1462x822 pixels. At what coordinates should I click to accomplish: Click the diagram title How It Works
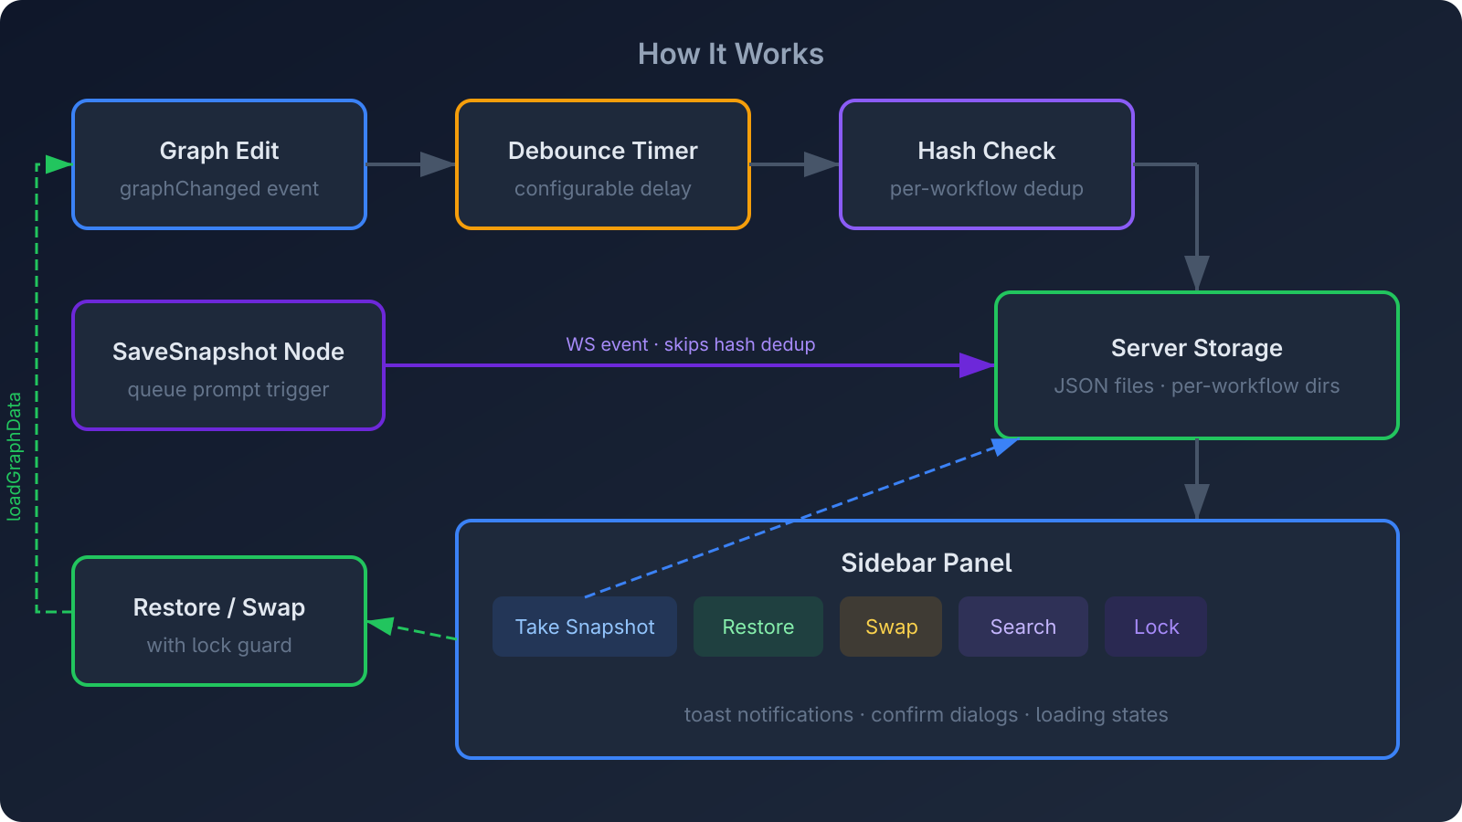pos(730,54)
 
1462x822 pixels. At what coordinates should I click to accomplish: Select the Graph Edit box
pos(219,164)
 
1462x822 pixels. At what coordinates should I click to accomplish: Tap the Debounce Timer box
pos(603,164)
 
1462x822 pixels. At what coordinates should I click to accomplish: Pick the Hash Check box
pos(987,164)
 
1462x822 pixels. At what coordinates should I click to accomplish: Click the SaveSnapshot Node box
pos(228,365)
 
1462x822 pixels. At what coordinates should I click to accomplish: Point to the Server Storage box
pos(1197,365)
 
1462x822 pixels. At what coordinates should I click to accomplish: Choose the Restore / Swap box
pos(219,621)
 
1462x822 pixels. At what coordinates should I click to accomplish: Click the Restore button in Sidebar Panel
pos(758,627)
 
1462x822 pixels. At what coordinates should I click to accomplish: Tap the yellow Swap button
pos(891,627)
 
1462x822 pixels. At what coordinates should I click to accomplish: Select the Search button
pos(1023,627)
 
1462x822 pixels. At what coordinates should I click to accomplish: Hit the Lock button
pos(1156,627)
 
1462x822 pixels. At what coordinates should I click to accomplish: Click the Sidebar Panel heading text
pos(927,563)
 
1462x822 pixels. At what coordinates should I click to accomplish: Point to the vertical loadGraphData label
pos(15,457)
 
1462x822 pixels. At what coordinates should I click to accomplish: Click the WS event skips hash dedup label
pos(690,344)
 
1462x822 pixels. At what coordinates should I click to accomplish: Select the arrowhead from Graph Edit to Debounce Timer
pos(437,164)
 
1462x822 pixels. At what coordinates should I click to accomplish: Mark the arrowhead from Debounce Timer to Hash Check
pos(821,164)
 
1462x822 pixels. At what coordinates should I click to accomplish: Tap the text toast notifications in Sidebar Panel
pos(768,714)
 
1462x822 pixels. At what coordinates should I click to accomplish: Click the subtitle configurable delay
pos(603,189)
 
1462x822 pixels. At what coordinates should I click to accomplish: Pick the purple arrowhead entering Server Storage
pos(976,365)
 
